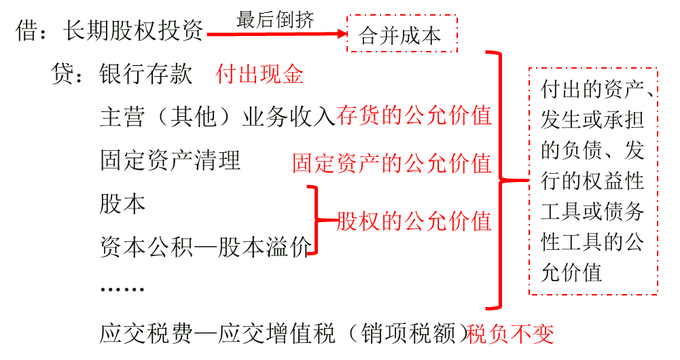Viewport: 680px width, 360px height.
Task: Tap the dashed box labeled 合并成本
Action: [x=401, y=34]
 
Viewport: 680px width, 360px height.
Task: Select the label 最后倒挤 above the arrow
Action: [x=275, y=19]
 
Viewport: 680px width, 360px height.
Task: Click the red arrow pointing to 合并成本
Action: [x=275, y=34]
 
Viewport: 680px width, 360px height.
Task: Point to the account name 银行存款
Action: [x=146, y=73]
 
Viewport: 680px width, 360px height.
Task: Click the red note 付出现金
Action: [x=259, y=74]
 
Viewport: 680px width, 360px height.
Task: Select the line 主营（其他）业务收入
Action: [x=217, y=117]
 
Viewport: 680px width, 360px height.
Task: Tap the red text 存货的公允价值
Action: [x=413, y=116]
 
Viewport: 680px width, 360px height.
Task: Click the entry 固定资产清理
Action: [x=170, y=160]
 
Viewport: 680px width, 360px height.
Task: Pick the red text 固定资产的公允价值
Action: [x=392, y=162]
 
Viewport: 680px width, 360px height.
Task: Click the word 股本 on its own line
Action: [x=122, y=204]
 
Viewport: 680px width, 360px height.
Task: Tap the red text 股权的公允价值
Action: [x=413, y=221]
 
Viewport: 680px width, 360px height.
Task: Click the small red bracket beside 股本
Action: [x=315, y=220]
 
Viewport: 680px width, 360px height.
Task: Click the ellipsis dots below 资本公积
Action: [x=122, y=289]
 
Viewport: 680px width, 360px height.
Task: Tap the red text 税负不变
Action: [x=510, y=334]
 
